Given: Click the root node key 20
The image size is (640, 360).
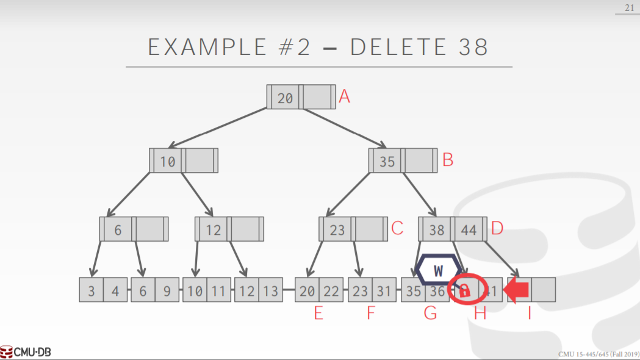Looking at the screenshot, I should coord(285,98).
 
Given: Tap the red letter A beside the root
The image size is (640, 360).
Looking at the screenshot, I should coord(345,96).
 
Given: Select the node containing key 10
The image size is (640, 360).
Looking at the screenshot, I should coord(168,161).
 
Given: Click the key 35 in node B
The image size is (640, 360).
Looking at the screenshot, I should coord(387,161).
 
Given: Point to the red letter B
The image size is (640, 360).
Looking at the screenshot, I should coord(448,160).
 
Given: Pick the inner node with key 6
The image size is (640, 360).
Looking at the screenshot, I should coord(118,229).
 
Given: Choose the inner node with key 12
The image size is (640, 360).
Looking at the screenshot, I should coord(213,229).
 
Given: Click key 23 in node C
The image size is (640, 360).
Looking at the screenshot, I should coord(337,229).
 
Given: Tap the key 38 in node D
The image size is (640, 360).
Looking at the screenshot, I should coord(437,229).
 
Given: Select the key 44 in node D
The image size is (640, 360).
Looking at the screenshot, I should coord(469,229).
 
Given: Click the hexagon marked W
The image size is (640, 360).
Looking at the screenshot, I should coord(439,270).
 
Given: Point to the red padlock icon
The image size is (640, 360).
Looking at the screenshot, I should coord(464,290).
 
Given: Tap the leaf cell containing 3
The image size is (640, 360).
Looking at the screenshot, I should coord(91,290).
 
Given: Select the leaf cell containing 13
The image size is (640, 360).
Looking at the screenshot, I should coord(270,290).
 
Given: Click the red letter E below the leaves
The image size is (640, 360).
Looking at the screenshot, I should coord(318,314).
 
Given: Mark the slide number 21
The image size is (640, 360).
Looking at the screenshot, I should coord(629,8).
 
